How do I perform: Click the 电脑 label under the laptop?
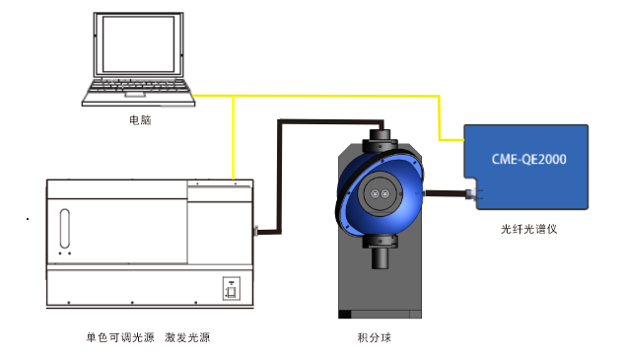[141, 120]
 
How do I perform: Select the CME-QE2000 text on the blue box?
[527, 158]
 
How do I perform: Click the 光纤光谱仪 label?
[529, 230]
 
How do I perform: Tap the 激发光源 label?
[187, 337]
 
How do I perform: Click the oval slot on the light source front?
[64, 228]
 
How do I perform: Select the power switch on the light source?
[231, 289]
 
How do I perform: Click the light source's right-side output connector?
[255, 233]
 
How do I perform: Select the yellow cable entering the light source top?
[234, 148]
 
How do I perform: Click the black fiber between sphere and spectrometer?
[449, 193]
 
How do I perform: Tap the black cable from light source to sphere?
[281, 168]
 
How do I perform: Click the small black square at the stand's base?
[344, 315]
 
